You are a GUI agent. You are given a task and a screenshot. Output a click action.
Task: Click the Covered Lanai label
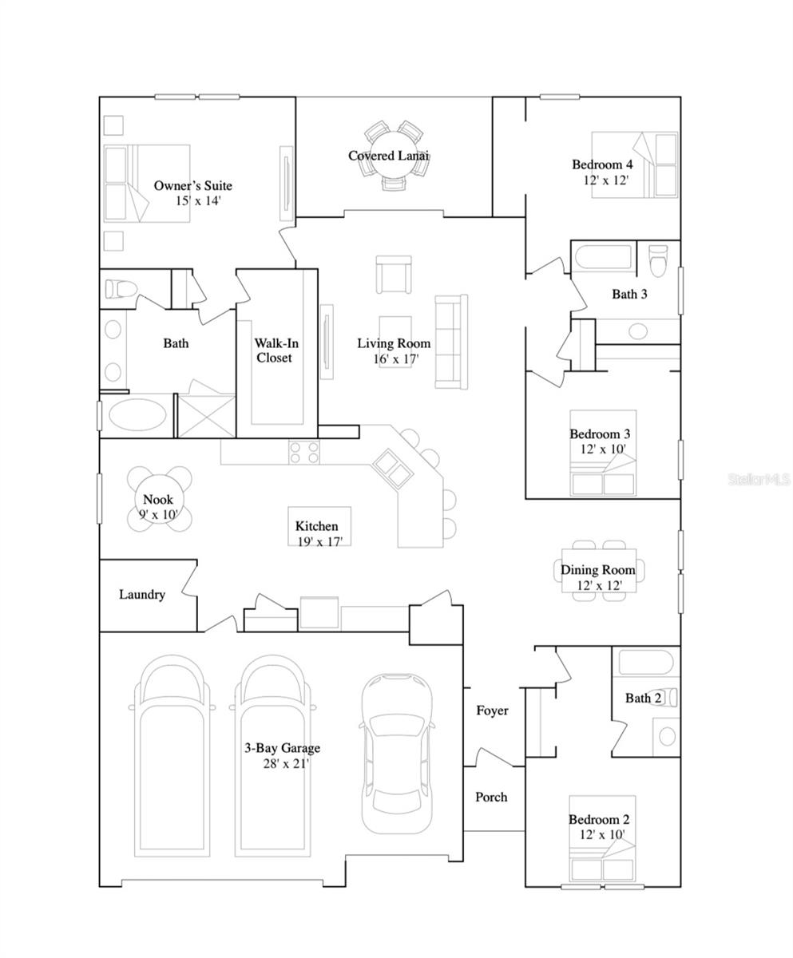pyautogui.click(x=388, y=156)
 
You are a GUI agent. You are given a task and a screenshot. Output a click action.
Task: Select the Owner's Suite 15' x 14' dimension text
pyautogui.click(x=199, y=200)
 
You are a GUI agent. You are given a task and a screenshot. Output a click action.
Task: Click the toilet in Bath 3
pyautogui.click(x=659, y=260)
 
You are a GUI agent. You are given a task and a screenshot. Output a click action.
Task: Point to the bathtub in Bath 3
pyautogui.click(x=605, y=258)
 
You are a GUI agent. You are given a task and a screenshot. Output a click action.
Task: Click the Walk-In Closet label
pyautogui.click(x=276, y=350)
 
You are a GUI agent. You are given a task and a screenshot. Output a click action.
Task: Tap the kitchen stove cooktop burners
pyautogui.click(x=304, y=452)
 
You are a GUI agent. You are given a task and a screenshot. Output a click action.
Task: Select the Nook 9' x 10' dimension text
pyautogui.click(x=158, y=514)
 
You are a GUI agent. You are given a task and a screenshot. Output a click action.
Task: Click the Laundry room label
pyautogui.click(x=142, y=594)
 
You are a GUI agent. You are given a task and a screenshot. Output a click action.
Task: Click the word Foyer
pyautogui.click(x=492, y=711)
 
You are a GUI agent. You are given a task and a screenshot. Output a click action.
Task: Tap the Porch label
pyautogui.click(x=491, y=797)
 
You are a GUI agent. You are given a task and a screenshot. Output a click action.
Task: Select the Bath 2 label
pyautogui.click(x=643, y=698)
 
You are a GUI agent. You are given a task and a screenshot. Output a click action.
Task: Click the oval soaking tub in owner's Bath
pyautogui.click(x=137, y=415)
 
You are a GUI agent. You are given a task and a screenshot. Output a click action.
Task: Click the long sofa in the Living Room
pyautogui.click(x=451, y=342)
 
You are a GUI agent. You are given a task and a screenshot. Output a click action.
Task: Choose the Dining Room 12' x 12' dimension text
pyautogui.click(x=599, y=585)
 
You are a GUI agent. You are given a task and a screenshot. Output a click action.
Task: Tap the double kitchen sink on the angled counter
pyautogui.click(x=392, y=469)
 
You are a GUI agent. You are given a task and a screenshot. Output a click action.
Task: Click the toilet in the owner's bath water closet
pyautogui.click(x=121, y=289)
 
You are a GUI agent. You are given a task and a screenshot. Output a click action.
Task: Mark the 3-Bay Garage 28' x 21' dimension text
pyautogui.click(x=286, y=763)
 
